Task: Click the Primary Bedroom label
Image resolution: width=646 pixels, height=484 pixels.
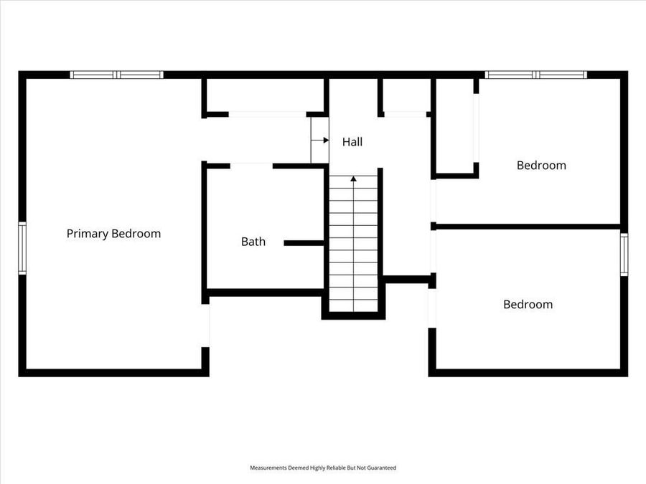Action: tap(113, 234)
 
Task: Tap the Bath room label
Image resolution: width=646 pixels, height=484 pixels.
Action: tap(253, 242)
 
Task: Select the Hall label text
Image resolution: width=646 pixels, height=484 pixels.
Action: tap(352, 142)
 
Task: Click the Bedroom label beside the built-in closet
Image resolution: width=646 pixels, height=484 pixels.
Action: tap(541, 165)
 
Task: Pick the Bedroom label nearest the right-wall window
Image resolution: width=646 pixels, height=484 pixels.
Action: tap(528, 304)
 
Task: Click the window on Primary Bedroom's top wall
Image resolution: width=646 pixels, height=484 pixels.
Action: tap(116, 75)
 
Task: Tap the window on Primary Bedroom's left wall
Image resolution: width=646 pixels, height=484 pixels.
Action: tap(22, 248)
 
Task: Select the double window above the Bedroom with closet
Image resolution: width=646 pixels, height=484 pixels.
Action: tap(535, 75)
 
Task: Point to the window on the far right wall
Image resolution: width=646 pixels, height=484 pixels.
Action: tap(624, 255)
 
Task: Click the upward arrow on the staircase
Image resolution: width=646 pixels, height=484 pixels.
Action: tap(353, 179)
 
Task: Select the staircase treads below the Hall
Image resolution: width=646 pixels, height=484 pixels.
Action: tap(353, 244)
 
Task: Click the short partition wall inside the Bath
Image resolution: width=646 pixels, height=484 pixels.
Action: tap(304, 243)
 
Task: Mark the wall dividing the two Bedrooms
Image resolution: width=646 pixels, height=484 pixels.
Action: tap(527, 227)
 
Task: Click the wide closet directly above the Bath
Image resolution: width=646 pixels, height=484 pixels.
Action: tap(266, 95)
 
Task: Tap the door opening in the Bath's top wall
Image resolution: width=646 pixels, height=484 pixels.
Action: tap(251, 166)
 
